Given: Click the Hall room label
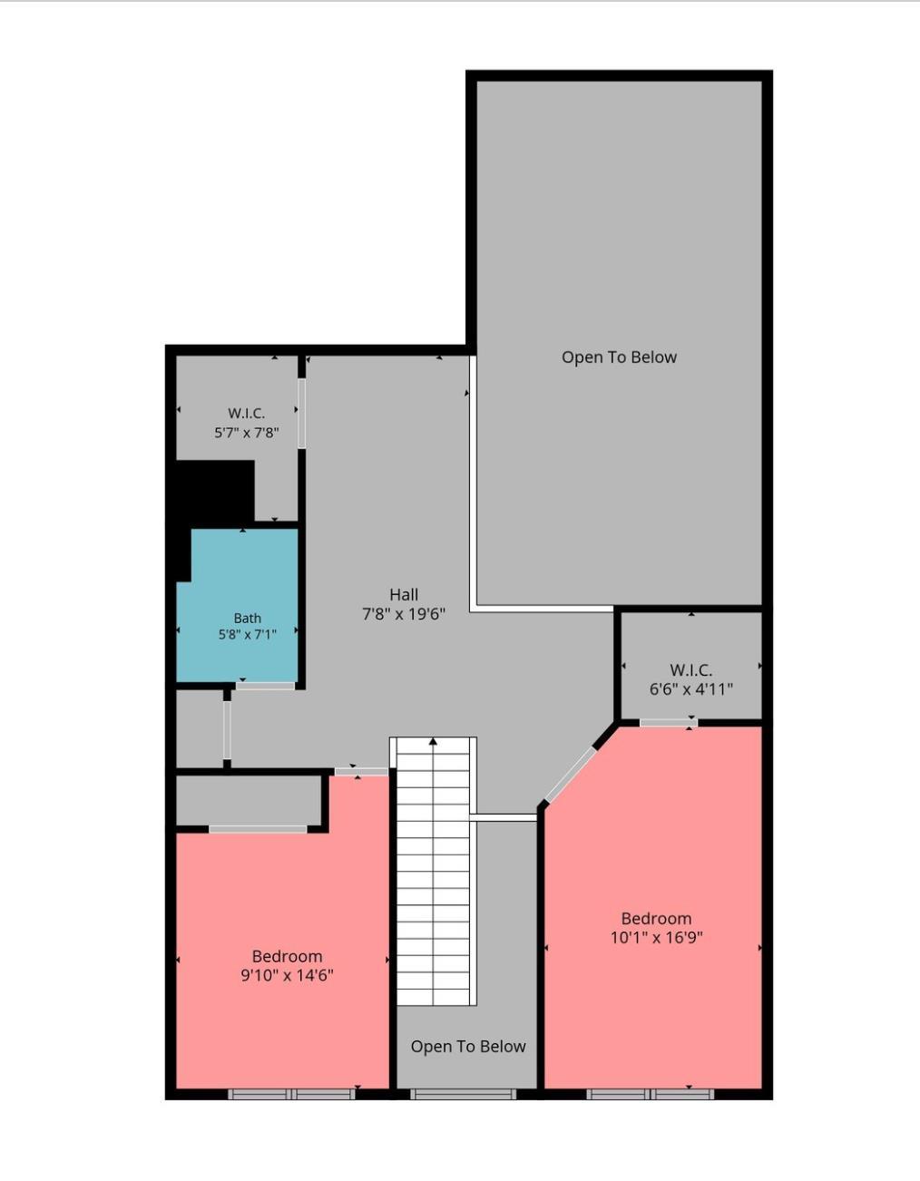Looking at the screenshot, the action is pos(404,594).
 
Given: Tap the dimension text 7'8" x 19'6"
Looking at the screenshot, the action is pos(404,614).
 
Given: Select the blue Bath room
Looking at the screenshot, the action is pos(238,605).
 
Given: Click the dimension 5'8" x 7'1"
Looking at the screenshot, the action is pos(248,634).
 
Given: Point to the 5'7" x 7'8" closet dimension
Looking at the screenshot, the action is pos(248,434).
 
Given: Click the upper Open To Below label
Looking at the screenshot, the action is pos(619,357).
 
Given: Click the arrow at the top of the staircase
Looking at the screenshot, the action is pos(433,741).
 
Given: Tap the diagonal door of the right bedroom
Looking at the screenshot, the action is pos(571,775).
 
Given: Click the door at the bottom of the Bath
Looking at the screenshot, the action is pos(265,687).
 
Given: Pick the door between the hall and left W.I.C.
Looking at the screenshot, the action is pos(301,413).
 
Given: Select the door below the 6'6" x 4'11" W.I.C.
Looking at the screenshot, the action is pos(669,722).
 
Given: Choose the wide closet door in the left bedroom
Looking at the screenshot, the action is pos(258,829).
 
